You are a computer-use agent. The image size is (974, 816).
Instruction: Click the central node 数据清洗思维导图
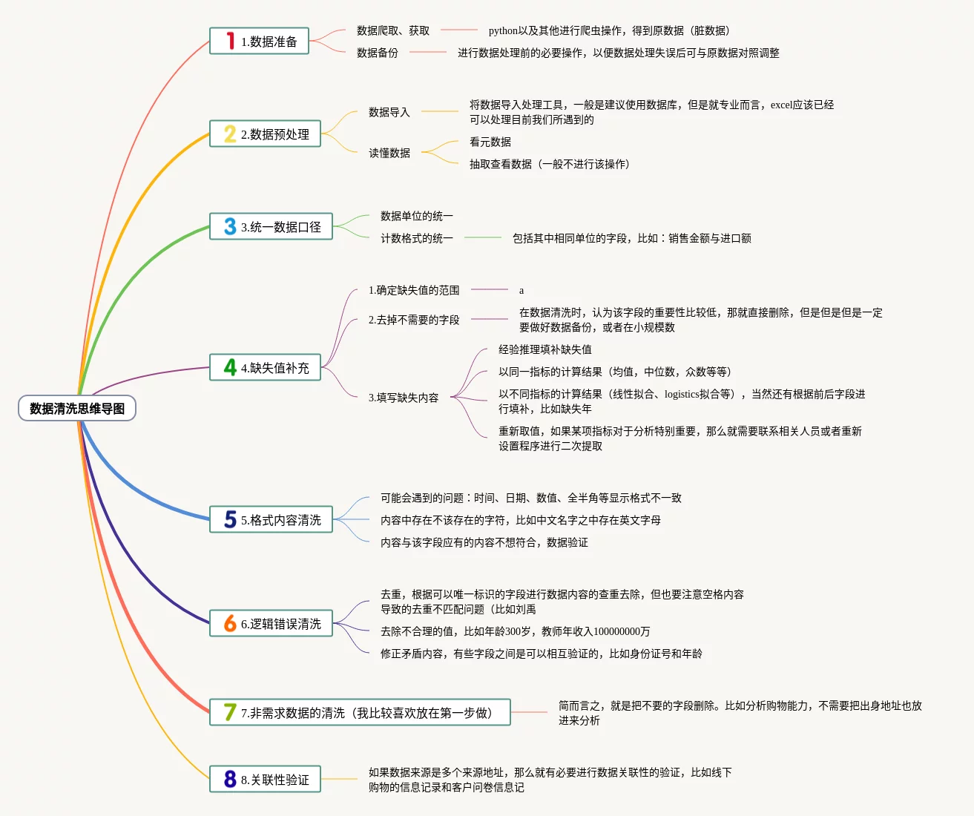coord(77,408)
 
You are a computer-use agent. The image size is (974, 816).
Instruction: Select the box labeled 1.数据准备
coord(259,42)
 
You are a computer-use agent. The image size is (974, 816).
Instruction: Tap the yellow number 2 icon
coord(230,134)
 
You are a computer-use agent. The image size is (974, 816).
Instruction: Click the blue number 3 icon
coord(230,226)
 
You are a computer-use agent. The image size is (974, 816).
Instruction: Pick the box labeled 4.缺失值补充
coord(265,367)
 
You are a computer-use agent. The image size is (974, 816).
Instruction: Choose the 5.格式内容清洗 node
coord(271,519)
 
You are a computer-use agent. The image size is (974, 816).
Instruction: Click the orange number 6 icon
coord(230,623)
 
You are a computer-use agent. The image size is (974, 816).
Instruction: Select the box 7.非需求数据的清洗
coord(360,712)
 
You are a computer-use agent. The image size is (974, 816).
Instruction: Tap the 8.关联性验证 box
coord(265,779)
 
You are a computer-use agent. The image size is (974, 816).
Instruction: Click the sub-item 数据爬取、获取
coord(393,30)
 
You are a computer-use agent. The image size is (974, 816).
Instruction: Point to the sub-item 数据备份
coord(378,53)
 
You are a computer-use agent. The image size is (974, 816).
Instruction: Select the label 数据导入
coord(389,112)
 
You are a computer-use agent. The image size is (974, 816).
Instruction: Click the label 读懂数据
coord(389,153)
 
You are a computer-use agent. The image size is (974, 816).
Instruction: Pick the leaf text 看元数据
coord(490,142)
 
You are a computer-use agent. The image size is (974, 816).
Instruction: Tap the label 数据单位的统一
coord(417,216)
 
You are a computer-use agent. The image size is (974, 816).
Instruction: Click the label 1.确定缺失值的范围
coord(414,290)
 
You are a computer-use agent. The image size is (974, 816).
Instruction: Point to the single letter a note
coord(521,290)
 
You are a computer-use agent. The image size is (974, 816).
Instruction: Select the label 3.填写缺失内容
coord(404,398)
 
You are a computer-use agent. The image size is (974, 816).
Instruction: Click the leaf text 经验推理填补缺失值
coord(545,349)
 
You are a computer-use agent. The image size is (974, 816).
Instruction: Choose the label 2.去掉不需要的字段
coord(414,320)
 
